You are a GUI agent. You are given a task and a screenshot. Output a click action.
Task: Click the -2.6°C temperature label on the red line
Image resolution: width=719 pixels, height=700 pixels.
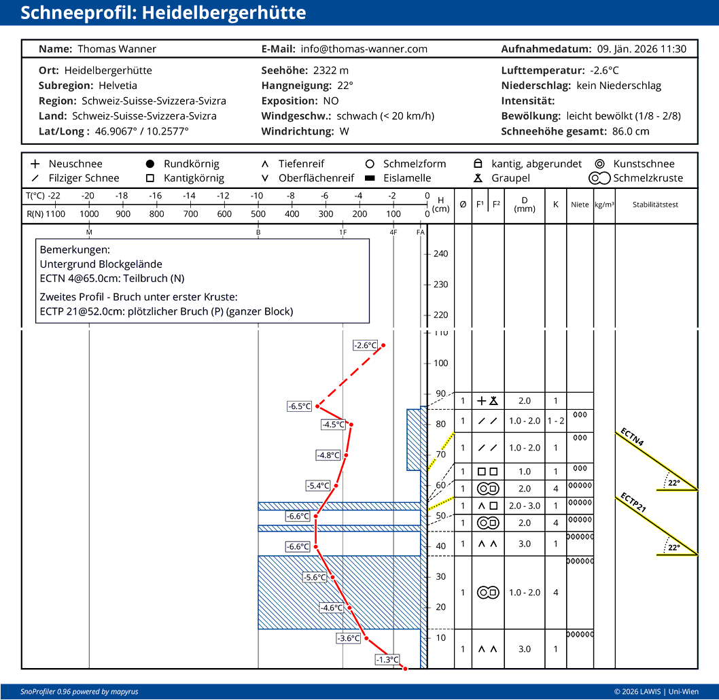[365, 345]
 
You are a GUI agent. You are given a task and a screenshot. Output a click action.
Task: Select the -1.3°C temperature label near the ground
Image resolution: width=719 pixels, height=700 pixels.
[387, 659]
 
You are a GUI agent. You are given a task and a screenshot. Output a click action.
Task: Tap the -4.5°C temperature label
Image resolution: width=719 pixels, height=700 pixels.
[333, 425]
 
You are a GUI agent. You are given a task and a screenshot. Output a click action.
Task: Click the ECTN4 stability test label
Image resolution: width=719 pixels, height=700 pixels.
[632, 437]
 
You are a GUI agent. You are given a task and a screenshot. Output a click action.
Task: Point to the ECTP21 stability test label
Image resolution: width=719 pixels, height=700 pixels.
[632, 503]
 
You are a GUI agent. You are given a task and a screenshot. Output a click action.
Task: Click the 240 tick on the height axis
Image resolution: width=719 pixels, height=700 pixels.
[440, 254]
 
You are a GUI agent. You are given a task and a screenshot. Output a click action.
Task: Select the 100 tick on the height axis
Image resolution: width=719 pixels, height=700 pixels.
[440, 363]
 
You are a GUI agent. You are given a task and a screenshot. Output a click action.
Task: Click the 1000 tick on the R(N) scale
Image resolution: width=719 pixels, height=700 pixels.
[89, 214]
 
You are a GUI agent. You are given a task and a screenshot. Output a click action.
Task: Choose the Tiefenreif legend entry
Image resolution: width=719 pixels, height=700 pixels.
[301, 164]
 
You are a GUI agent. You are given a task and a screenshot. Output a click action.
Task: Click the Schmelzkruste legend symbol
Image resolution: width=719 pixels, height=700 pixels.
[600, 178]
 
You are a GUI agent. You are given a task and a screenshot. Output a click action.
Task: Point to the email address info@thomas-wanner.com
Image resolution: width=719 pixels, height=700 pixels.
[364, 49]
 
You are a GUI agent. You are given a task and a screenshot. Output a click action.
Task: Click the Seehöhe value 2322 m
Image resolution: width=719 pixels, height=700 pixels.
[330, 70]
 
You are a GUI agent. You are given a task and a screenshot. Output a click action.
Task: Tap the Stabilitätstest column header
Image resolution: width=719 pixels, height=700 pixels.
[655, 205]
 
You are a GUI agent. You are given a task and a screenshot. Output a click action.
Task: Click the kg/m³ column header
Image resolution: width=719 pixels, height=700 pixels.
[604, 205]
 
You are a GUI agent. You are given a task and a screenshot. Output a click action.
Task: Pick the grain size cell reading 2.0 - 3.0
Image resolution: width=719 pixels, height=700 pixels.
[525, 506]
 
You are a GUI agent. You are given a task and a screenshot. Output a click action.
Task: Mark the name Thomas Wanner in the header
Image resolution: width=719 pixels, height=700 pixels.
[117, 49]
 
